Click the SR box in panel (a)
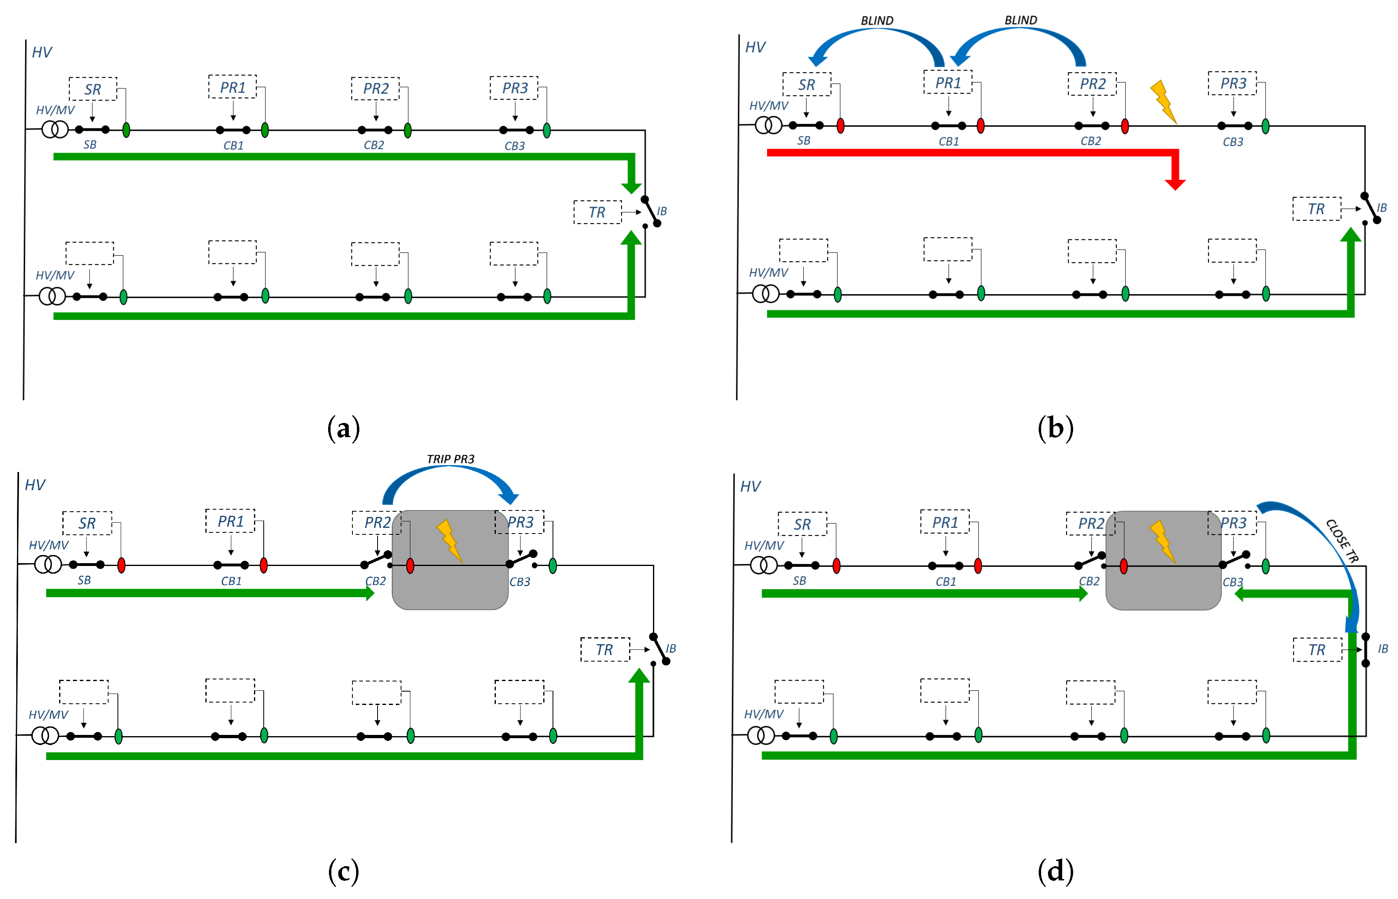pyautogui.click(x=92, y=89)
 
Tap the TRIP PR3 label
pyautogui.click(x=450, y=459)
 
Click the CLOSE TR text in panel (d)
pyautogui.click(x=1341, y=540)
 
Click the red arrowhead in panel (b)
pyautogui.click(x=1174, y=184)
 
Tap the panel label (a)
pyautogui.click(x=343, y=429)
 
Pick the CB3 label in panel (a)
pyautogui.click(x=514, y=146)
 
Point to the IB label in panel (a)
pyautogui.click(x=662, y=211)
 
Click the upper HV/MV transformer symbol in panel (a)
pyautogui.click(x=55, y=129)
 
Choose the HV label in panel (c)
pyautogui.click(x=35, y=485)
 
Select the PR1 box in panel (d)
pyautogui.click(x=944, y=522)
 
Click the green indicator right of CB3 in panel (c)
pyautogui.click(x=552, y=565)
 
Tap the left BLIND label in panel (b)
pyautogui.click(x=876, y=20)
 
